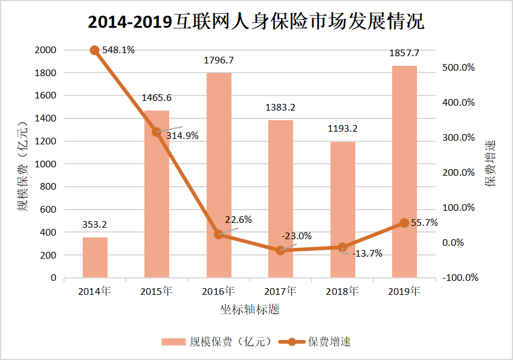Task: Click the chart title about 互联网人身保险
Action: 256,22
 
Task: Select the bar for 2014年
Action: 95,257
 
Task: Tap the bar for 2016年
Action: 219,175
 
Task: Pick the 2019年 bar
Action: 404,172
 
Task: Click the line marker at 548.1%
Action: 95,50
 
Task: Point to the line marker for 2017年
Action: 280,250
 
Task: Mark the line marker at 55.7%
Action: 404,223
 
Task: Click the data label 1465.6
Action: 156,97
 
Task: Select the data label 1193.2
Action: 342,129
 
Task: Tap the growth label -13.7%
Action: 367,254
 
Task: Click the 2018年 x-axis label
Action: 342,291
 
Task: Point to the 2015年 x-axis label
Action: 156,291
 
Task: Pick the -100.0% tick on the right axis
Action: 460,278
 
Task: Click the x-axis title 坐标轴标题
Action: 250,310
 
